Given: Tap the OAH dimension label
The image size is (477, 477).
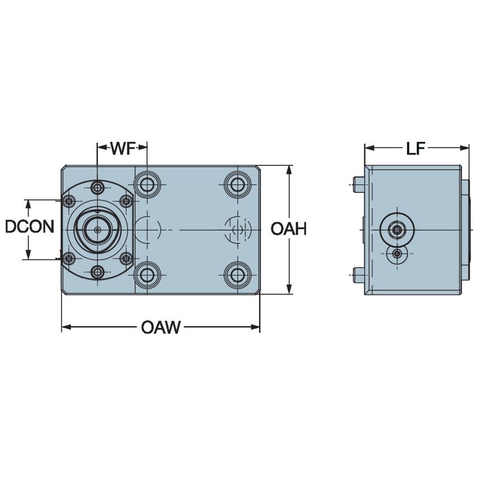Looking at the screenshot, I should coord(288,228).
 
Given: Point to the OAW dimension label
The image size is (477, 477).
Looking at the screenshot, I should coord(160,327).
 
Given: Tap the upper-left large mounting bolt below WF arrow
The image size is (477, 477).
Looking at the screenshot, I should coord(147,184).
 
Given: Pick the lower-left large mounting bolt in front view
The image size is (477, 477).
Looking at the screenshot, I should coord(147,274).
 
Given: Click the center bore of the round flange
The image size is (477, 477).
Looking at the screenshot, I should coord(98,230).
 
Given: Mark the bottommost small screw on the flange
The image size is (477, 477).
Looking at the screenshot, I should coord(98,273).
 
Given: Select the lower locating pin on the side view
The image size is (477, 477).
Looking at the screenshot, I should coord(359,273).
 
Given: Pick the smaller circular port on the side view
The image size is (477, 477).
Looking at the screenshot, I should coord(397,255).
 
